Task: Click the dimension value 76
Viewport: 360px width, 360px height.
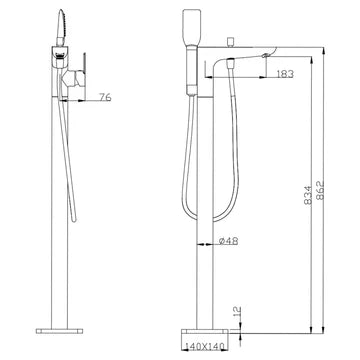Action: click(x=105, y=97)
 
